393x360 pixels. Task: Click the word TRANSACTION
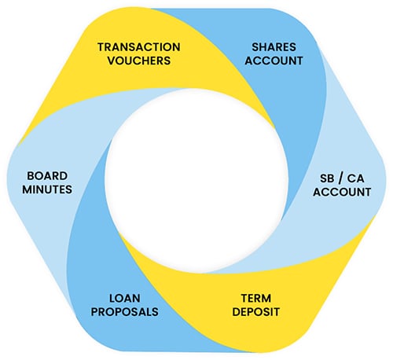(x=139, y=47)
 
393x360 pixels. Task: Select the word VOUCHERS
(x=139, y=61)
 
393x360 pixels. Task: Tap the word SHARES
(x=274, y=47)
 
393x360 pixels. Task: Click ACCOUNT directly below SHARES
(x=274, y=61)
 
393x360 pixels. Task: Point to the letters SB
(x=327, y=178)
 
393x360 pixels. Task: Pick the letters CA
(x=356, y=178)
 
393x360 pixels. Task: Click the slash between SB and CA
(x=340, y=178)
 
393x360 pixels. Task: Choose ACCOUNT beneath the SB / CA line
(x=342, y=192)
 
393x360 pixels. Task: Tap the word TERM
(x=256, y=298)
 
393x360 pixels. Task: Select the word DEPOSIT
(x=256, y=311)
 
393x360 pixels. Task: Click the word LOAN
(x=125, y=298)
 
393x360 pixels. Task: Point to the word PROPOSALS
(x=125, y=311)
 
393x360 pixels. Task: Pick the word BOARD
(x=47, y=176)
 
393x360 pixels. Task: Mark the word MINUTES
(x=47, y=189)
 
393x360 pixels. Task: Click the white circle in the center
(x=196, y=181)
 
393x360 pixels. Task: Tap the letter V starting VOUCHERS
(x=112, y=61)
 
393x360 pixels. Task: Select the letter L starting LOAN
(x=112, y=298)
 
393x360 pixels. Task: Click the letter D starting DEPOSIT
(x=237, y=311)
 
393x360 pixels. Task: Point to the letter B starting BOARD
(x=31, y=176)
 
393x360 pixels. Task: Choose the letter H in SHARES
(x=263, y=47)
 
